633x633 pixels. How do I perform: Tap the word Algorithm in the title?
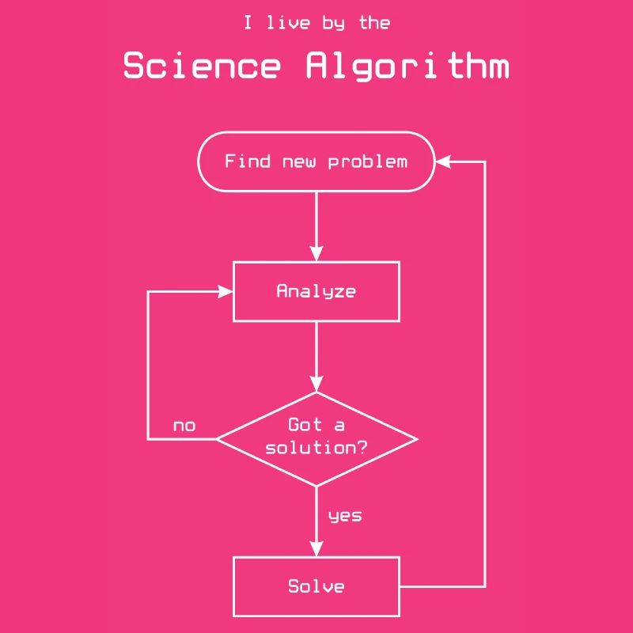tap(407, 66)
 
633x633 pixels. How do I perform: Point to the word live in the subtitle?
tap(288, 23)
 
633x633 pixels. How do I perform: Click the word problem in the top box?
tap(368, 162)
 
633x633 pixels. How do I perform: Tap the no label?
tap(184, 426)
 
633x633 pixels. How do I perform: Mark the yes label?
tap(345, 516)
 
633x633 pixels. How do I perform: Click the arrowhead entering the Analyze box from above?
tap(316, 254)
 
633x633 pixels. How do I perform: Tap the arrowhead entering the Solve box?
tap(316, 549)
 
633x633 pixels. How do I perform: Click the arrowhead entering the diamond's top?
tap(316, 385)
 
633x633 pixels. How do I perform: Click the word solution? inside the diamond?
tap(316, 448)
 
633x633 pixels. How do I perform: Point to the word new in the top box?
tap(300, 162)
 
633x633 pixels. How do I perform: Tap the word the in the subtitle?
tap(374, 23)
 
